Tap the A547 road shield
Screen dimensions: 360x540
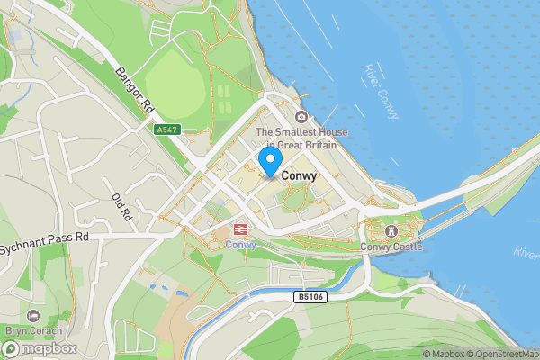coord(166,130)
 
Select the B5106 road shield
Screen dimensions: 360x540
coord(308,295)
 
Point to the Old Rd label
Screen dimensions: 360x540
coord(121,207)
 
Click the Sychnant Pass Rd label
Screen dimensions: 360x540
coord(45,238)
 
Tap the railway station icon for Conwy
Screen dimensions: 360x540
coord(241,230)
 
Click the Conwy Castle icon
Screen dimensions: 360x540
coord(391,231)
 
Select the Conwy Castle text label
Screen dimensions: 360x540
coord(391,247)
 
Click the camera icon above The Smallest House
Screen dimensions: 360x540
coord(301,118)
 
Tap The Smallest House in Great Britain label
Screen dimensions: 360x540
coord(301,139)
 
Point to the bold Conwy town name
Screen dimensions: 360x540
coord(299,176)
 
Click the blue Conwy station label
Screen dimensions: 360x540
coord(240,245)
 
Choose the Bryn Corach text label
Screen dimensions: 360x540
coord(33,329)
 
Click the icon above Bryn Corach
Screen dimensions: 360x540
coord(33,315)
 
